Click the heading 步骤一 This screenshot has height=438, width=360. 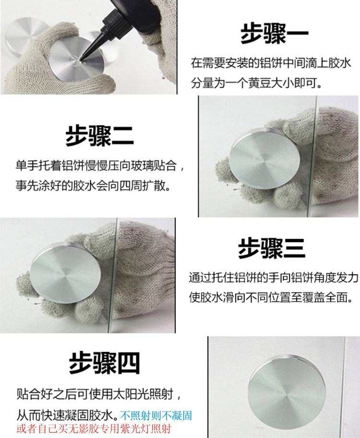click(274, 34)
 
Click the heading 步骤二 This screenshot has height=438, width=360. click(99, 136)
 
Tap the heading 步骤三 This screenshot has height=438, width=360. click(272, 248)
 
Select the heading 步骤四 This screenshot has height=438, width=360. click(104, 363)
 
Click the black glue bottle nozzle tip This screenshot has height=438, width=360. click(82, 59)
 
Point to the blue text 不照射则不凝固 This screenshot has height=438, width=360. click(156, 415)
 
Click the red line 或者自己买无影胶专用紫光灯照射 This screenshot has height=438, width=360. click(94, 428)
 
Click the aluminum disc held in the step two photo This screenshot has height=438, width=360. click(265, 158)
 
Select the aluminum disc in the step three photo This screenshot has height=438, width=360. click(65, 272)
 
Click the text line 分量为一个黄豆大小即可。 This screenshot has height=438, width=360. click(256, 83)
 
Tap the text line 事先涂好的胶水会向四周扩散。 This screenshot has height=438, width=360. click(93, 185)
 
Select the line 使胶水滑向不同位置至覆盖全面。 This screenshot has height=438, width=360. click(271, 297)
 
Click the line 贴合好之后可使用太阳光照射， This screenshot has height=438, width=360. click(99, 394)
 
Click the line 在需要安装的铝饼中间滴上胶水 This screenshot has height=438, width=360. click(271, 63)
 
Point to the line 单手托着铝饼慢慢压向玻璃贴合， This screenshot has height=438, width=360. click(100, 166)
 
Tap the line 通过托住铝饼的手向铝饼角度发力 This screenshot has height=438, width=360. click(274, 278)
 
